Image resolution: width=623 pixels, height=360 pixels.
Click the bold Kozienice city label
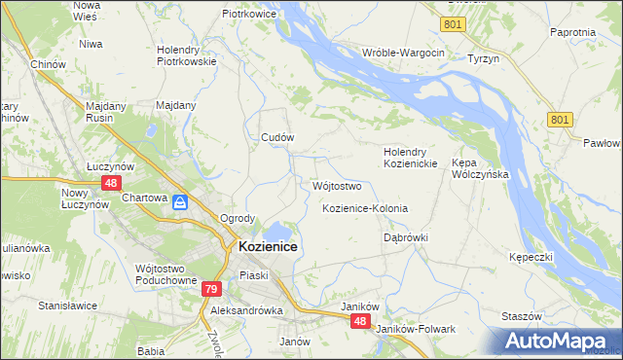click(x=268, y=247)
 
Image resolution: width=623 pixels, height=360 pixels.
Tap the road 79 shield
click(x=212, y=289)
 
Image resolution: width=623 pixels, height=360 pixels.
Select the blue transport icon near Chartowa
click(x=180, y=202)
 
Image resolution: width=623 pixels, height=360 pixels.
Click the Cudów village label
click(x=277, y=137)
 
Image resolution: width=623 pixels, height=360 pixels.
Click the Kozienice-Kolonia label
click(x=364, y=209)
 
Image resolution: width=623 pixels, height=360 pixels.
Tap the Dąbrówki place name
click(x=406, y=236)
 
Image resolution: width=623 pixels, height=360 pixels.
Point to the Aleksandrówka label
click(x=246, y=310)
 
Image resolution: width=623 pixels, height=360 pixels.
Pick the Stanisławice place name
click(x=67, y=305)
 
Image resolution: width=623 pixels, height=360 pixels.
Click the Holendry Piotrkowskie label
click(x=186, y=54)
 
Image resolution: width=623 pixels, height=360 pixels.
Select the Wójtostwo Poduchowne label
click(x=167, y=273)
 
